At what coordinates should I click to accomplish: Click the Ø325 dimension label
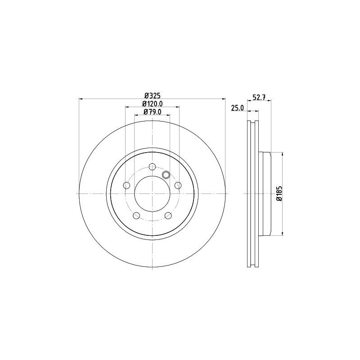pos(152,95)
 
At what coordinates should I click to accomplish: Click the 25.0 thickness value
pos(237,108)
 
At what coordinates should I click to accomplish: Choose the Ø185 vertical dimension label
pos(279,193)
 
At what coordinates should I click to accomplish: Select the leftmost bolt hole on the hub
pos(126,185)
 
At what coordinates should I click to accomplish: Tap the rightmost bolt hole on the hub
pos(178,185)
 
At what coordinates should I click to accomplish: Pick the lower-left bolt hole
pos(136,216)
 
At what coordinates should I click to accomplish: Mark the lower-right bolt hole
pos(168,216)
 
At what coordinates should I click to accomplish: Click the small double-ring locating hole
pos(165,175)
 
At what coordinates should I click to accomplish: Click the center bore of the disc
pos(152,193)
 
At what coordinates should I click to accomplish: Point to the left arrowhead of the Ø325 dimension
pos(81,99)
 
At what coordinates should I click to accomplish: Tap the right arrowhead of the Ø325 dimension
pos(224,99)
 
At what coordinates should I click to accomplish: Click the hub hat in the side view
pos(266,193)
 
